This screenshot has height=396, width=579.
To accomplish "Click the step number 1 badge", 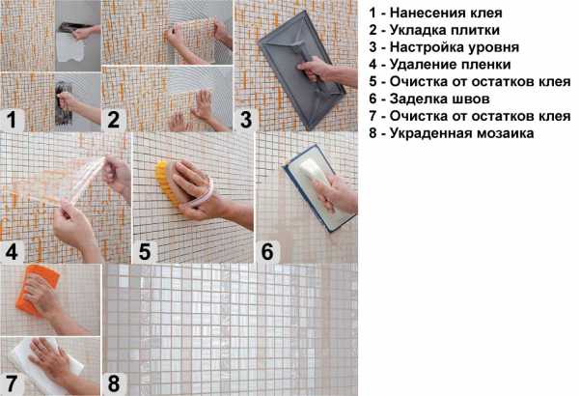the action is [x=12, y=120].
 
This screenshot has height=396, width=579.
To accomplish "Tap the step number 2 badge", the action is [x=113, y=120].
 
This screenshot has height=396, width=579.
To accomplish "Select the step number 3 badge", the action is [x=245, y=120].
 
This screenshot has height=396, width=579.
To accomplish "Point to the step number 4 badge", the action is [x=12, y=252].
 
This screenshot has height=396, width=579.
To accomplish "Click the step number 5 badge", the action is [x=145, y=252].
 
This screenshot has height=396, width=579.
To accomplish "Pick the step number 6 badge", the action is [x=267, y=252].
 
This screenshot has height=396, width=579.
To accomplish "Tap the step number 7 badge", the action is [x=12, y=384].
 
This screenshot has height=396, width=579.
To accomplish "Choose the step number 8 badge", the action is [x=113, y=384].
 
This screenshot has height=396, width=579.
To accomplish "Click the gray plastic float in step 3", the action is [x=301, y=71].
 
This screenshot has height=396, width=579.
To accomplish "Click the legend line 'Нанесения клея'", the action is [x=436, y=13].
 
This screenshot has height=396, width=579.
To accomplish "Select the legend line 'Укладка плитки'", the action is [x=434, y=30].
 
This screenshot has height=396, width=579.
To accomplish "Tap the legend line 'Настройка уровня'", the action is [x=444, y=47].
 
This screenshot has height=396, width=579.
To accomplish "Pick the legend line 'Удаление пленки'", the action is [x=440, y=65].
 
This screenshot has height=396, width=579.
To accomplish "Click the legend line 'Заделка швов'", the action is [x=429, y=99].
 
